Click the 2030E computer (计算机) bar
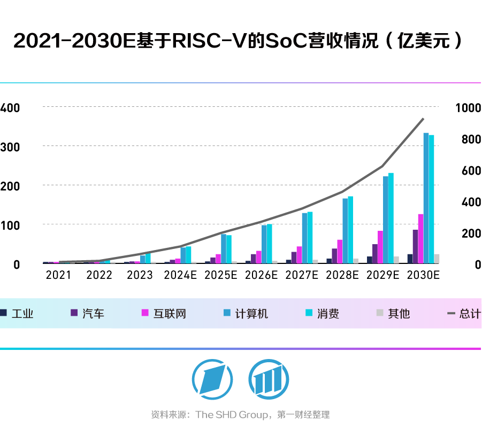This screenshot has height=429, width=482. (x=426, y=198)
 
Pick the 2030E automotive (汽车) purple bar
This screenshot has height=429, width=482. (x=415, y=246)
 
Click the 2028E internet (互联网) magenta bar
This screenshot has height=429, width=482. (x=340, y=251)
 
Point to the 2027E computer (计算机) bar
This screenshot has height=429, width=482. (x=304, y=238)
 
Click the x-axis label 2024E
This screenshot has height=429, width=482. (x=181, y=276)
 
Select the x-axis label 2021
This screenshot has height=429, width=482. (x=58, y=276)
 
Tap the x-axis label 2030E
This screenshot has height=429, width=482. (x=423, y=276)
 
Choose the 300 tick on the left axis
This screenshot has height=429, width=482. (x=11, y=146)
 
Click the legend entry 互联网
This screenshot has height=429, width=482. (x=171, y=314)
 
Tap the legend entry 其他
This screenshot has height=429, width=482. (x=399, y=314)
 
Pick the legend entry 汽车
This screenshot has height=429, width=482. (x=93, y=314)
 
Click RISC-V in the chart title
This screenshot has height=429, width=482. (x=210, y=41)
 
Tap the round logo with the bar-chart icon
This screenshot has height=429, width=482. (x=265, y=377)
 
